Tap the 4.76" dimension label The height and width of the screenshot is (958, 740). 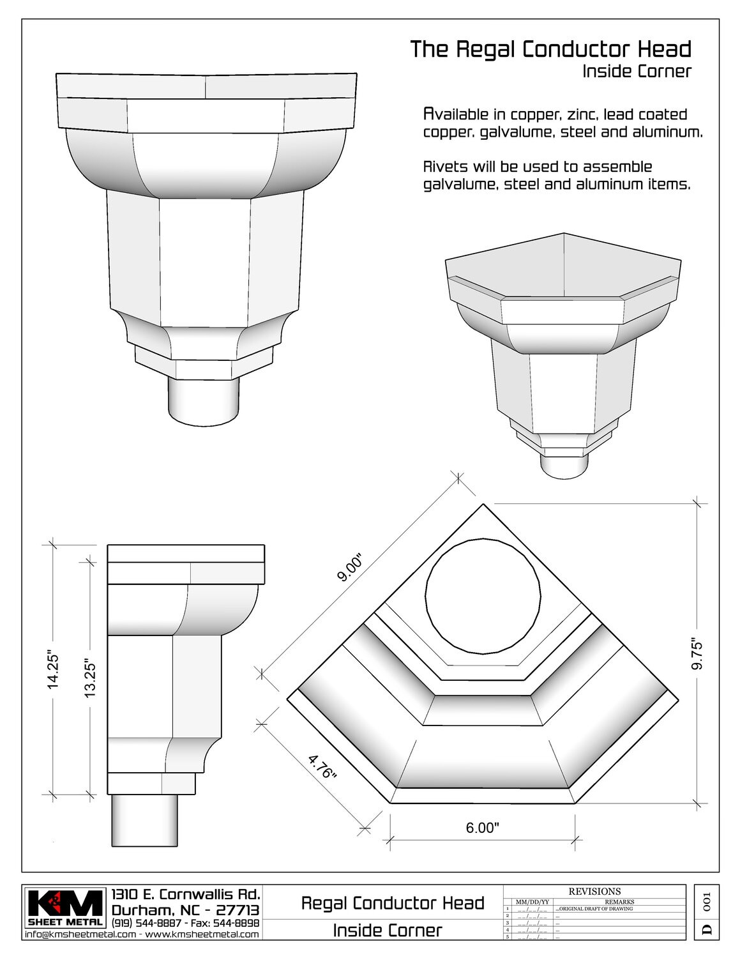point(322,767)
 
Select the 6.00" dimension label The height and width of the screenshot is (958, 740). point(482,828)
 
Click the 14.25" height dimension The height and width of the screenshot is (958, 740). point(53,670)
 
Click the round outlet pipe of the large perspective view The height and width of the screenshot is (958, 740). point(204,400)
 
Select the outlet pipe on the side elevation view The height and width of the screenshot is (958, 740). point(144,821)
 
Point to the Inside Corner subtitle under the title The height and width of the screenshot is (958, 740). point(636,71)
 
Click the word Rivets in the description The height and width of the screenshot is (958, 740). point(445,167)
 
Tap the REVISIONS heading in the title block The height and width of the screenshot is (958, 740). point(594,891)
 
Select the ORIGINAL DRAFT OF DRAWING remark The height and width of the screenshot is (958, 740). point(595,908)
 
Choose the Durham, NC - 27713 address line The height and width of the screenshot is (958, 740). point(185,909)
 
